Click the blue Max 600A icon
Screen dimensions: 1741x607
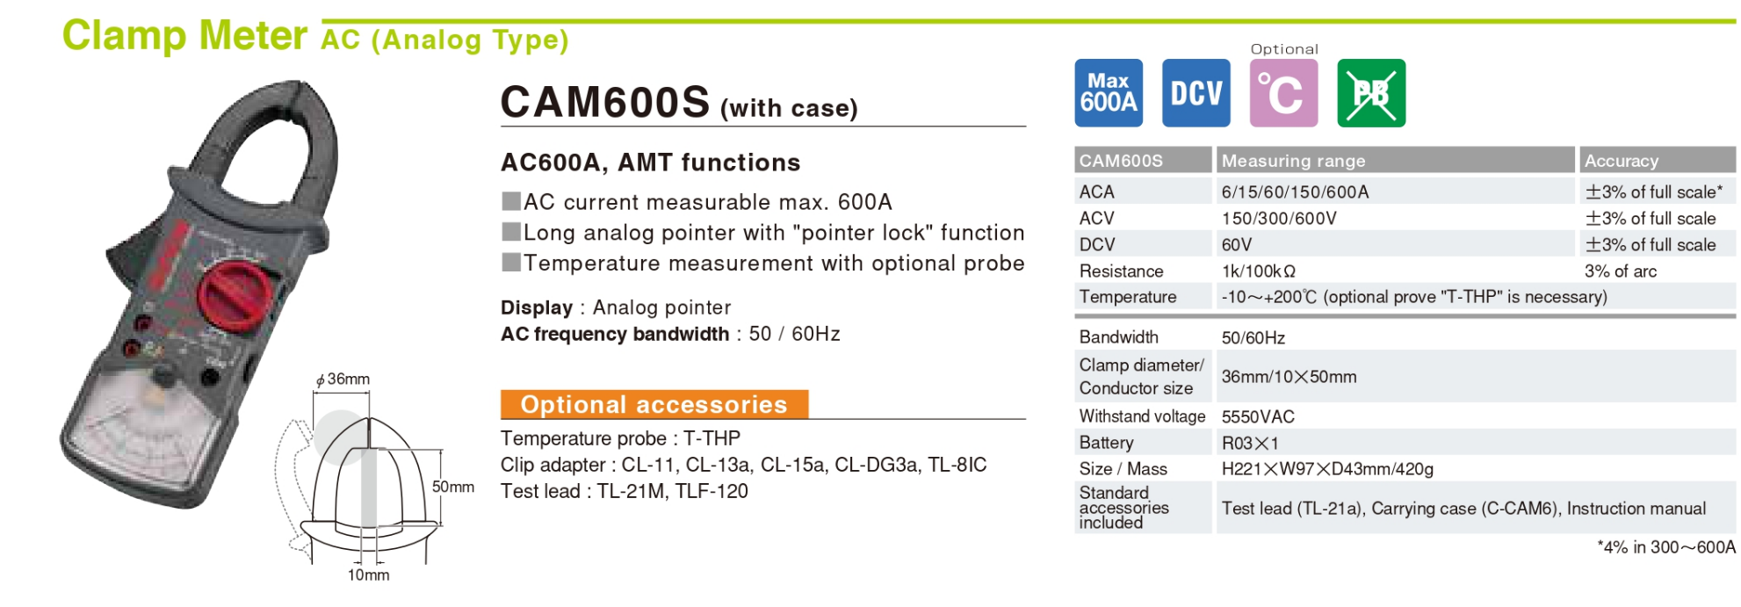(x=1109, y=93)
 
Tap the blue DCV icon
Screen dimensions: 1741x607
(x=1196, y=93)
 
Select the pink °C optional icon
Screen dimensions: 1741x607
(x=1284, y=93)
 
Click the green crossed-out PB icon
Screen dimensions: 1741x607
(x=1371, y=93)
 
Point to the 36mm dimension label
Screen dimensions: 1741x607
(x=343, y=379)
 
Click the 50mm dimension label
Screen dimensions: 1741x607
(x=453, y=487)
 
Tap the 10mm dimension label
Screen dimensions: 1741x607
(x=369, y=574)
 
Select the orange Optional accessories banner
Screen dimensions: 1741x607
(x=654, y=404)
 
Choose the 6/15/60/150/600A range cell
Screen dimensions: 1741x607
(x=1296, y=191)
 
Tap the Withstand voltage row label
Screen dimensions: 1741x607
(x=1142, y=416)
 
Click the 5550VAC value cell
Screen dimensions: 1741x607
(x=1258, y=416)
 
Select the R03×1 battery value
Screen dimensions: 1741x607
(x=1250, y=443)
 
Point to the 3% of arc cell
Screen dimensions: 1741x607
(x=1621, y=271)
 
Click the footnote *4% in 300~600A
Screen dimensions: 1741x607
(x=1666, y=547)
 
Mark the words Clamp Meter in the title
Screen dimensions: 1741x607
(x=184, y=36)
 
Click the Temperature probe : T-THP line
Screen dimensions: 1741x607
(x=621, y=438)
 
